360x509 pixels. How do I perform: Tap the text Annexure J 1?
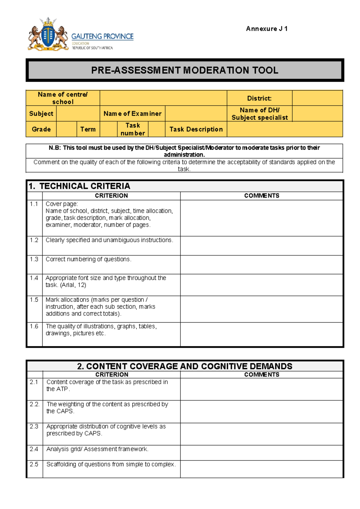267,29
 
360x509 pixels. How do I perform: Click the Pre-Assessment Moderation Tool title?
184,70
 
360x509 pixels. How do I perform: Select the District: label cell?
259,98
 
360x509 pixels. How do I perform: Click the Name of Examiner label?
132,114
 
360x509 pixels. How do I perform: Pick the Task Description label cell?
196,129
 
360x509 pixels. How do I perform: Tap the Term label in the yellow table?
88,129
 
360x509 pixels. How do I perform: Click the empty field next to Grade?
66,129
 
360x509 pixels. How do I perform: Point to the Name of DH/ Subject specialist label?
259,114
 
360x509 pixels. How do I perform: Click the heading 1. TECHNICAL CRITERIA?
79,186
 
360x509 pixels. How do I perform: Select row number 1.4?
34,278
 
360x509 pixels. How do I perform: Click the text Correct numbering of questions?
88,259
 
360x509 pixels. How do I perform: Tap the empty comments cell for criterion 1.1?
261,218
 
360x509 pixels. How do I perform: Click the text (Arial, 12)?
73,285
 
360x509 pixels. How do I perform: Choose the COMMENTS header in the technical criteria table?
261,196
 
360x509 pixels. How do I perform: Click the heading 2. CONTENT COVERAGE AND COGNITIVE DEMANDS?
184,366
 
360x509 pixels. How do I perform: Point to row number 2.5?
34,464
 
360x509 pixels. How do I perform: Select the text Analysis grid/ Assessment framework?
97,449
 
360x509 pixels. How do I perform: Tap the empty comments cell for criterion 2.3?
261,434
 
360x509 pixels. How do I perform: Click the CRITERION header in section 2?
112,375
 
